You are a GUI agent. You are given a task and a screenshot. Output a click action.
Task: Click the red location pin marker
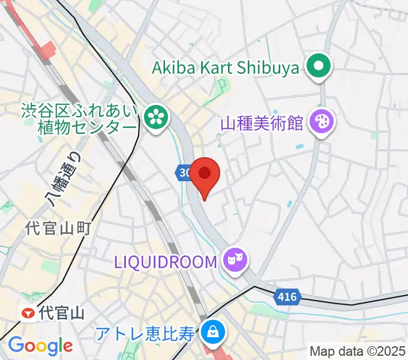(205, 175)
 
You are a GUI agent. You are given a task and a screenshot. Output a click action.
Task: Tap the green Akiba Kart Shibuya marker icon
(319, 67)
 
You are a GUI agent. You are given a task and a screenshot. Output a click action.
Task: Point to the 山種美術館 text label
(262, 124)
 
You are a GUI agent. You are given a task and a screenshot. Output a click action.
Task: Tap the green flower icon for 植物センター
(157, 116)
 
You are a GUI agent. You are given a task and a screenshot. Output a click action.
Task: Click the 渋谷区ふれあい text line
(80, 110)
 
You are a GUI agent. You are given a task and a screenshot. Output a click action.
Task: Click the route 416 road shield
(287, 296)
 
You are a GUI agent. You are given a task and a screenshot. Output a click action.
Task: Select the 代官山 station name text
(61, 313)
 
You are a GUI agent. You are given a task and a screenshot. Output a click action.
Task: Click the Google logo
(40, 346)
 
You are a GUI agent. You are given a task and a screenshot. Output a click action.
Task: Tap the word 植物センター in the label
(95, 127)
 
